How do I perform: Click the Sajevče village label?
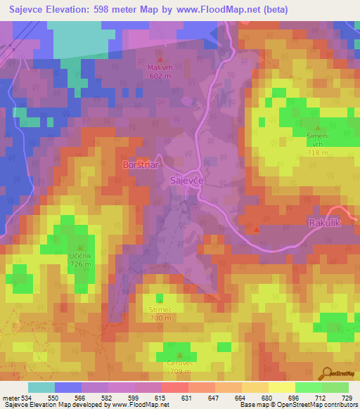pyautogui.click(x=187, y=181)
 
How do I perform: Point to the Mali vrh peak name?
pyautogui.click(x=160, y=67)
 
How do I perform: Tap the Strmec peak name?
pyautogui.click(x=160, y=309)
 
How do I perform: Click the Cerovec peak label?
pyautogui.click(x=181, y=362)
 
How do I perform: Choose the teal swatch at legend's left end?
pyautogui.click(x=41, y=387)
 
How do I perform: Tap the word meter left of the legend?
pyautogui.click(x=11, y=398)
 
